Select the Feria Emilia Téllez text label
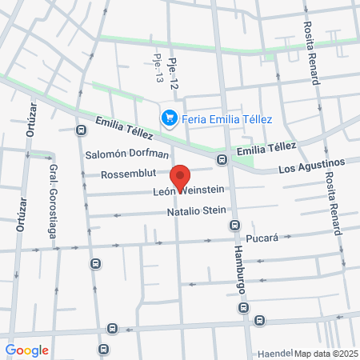coord(227,119)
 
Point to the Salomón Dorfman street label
coord(127,154)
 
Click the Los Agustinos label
coord(311,166)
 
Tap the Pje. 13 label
coord(157,70)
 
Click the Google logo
coord(27,350)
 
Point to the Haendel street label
coord(275,353)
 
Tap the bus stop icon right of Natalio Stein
coord(234,224)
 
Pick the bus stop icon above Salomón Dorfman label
coord(80,130)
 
